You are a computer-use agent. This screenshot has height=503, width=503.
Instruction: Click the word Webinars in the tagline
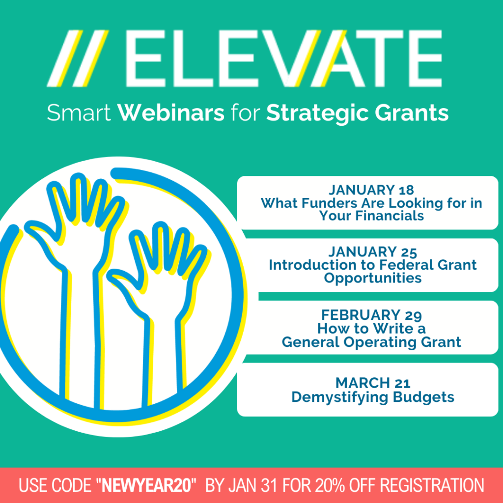tap(171, 113)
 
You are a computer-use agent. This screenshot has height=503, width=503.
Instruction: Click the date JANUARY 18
tap(371, 190)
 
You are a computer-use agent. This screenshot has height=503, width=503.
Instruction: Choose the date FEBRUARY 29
tap(371, 315)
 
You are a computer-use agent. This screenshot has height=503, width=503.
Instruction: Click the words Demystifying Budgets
tap(372, 396)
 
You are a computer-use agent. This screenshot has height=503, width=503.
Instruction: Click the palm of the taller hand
tap(84, 236)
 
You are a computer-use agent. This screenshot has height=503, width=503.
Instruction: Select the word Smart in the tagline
tap(80, 113)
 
